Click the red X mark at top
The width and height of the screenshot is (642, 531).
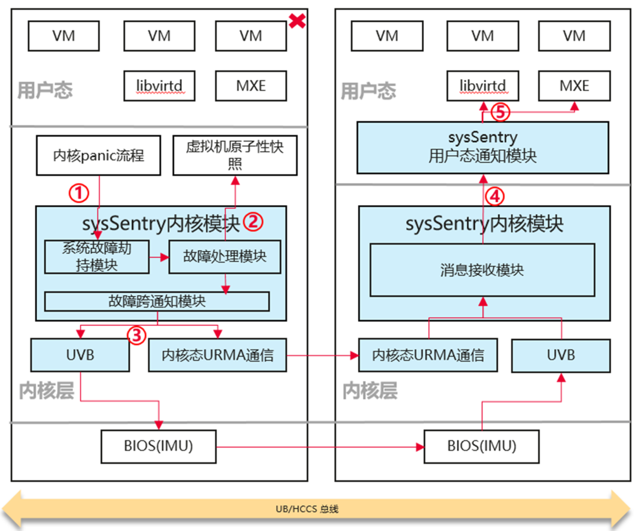pos(297,20)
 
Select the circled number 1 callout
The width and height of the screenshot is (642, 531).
pos(78,193)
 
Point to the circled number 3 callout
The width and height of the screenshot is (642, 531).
pos(136,335)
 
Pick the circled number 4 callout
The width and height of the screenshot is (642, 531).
pos(495,196)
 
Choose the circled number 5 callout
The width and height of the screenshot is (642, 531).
pos(500,112)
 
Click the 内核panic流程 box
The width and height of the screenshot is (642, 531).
pos(98,156)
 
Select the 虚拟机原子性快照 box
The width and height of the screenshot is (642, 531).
pos(235,156)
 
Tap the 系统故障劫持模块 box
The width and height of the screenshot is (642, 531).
pos(97,257)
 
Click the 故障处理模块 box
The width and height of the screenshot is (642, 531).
pos(225,257)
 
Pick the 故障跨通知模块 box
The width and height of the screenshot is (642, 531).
pos(157,301)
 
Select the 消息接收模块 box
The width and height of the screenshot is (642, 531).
pos(482,270)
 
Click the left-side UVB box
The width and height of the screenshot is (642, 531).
pos(80,355)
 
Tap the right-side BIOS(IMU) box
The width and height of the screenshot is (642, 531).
pos(481,446)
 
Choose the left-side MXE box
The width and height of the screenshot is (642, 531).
pos(251,86)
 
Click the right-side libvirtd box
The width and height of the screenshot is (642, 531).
pos(483,86)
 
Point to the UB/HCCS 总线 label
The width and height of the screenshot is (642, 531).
pos(307,509)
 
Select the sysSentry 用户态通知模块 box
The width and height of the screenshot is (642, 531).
pos(483,148)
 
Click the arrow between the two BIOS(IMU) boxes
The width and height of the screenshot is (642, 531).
pos(320,447)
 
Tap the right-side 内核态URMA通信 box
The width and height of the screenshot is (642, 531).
pos(428,355)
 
